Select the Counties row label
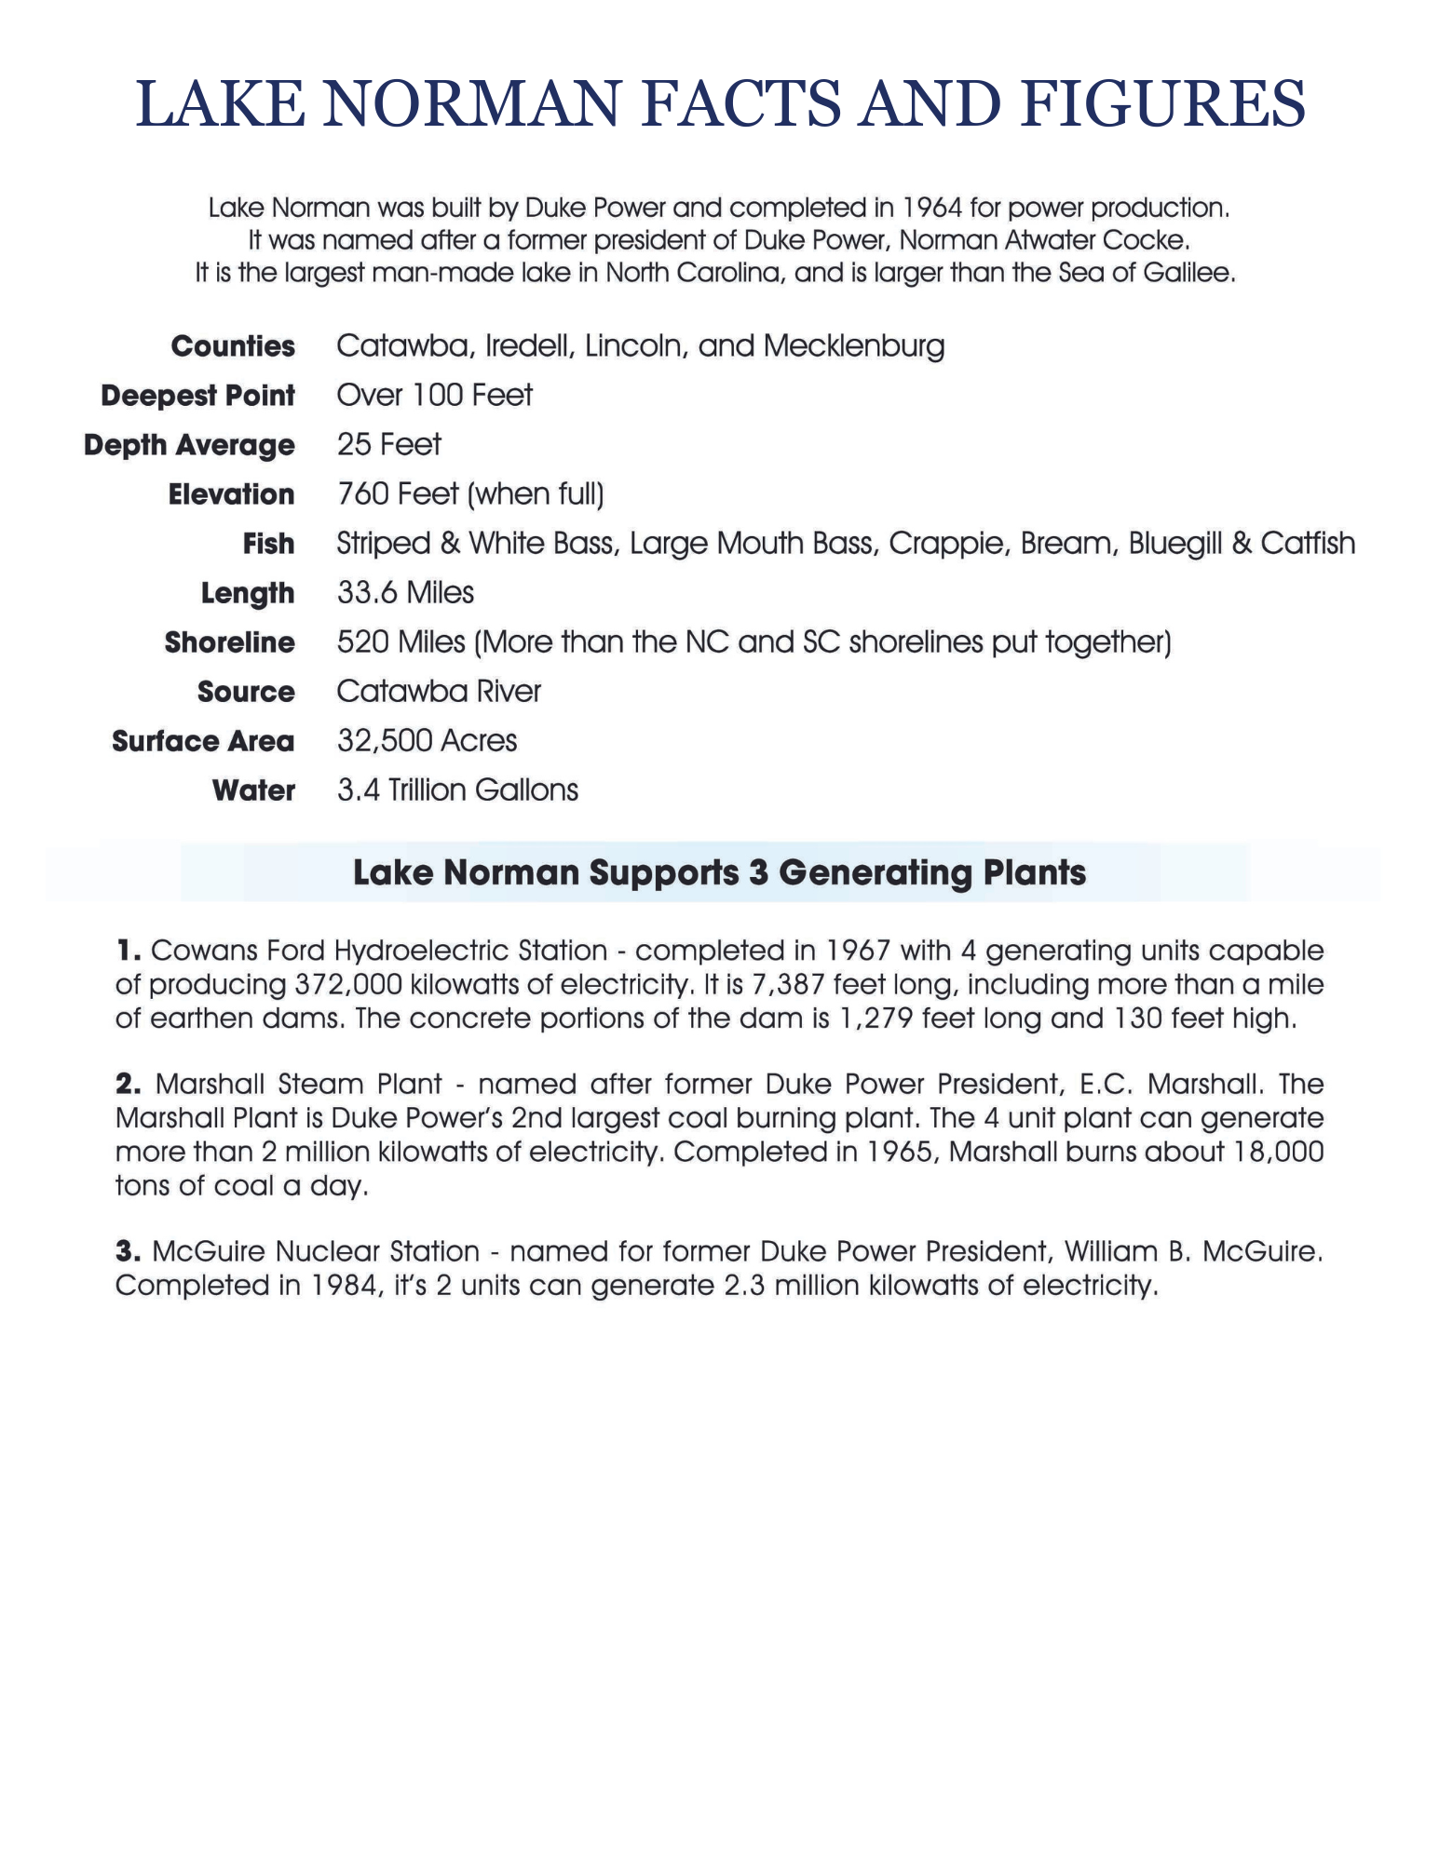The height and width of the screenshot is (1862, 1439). click(233, 346)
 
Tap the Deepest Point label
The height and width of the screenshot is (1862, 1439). click(197, 396)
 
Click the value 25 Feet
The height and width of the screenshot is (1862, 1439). click(388, 444)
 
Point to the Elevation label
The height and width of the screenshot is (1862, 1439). click(231, 494)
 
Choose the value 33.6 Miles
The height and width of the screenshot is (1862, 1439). click(405, 592)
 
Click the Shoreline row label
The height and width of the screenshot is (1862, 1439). click(229, 642)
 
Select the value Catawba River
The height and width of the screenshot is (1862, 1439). click(439, 691)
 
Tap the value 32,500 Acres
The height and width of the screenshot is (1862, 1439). click(427, 740)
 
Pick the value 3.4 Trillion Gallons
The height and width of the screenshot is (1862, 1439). click(457, 789)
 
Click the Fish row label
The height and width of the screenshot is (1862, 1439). click(268, 544)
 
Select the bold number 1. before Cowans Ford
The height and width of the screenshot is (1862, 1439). click(128, 951)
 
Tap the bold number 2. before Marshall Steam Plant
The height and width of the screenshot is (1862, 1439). click(129, 1084)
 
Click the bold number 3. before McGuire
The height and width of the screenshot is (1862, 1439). click(129, 1251)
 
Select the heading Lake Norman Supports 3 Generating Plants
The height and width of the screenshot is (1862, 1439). click(719, 873)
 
